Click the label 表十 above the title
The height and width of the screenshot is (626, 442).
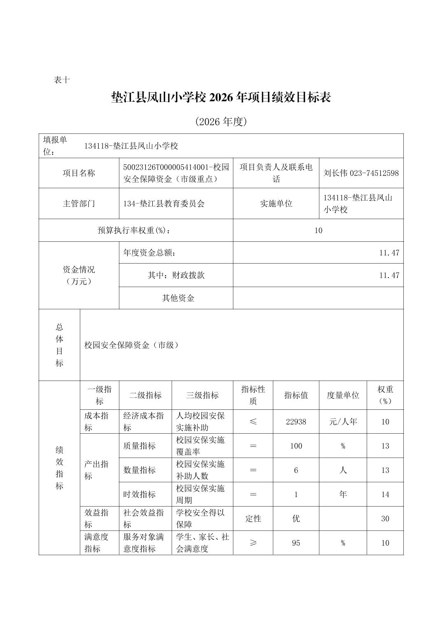(x=62, y=80)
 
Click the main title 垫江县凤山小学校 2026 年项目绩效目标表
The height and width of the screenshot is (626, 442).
(x=221, y=98)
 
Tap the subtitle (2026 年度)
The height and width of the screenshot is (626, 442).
(x=221, y=121)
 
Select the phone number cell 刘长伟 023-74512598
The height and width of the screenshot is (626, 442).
(x=361, y=173)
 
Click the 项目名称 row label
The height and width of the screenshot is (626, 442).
(x=79, y=173)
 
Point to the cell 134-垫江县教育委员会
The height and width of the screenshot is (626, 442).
(x=164, y=203)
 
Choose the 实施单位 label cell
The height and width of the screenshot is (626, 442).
(x=276, y=203)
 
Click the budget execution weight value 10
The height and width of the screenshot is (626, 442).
(x=318, y=230)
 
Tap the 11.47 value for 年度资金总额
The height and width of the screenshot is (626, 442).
(x=389, y=252)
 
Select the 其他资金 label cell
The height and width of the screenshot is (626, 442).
(x=178, y=298)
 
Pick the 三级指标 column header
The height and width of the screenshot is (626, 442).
(x=202, y=395)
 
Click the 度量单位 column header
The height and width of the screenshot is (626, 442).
(x=343, y=395)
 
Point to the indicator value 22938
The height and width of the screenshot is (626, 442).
(x=296, y=422)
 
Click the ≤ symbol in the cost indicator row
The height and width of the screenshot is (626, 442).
(x=253, y=422)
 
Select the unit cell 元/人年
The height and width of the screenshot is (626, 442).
(x=343, y=422)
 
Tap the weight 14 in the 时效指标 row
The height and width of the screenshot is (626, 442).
(x=385, y=494)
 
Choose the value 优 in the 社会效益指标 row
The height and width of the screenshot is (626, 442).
(x=296, y=519)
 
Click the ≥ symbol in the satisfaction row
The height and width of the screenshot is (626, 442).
(x=253, y=543)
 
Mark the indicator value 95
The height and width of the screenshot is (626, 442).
(x=296, y=543)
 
